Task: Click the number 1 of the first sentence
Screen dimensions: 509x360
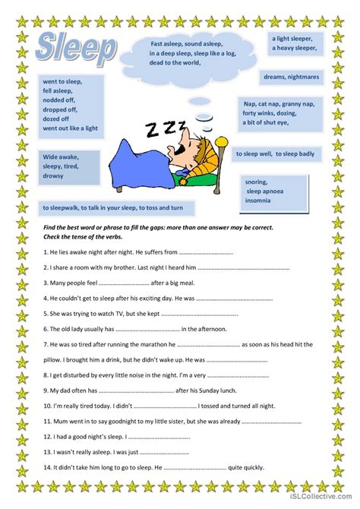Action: (x=46, y=251)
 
